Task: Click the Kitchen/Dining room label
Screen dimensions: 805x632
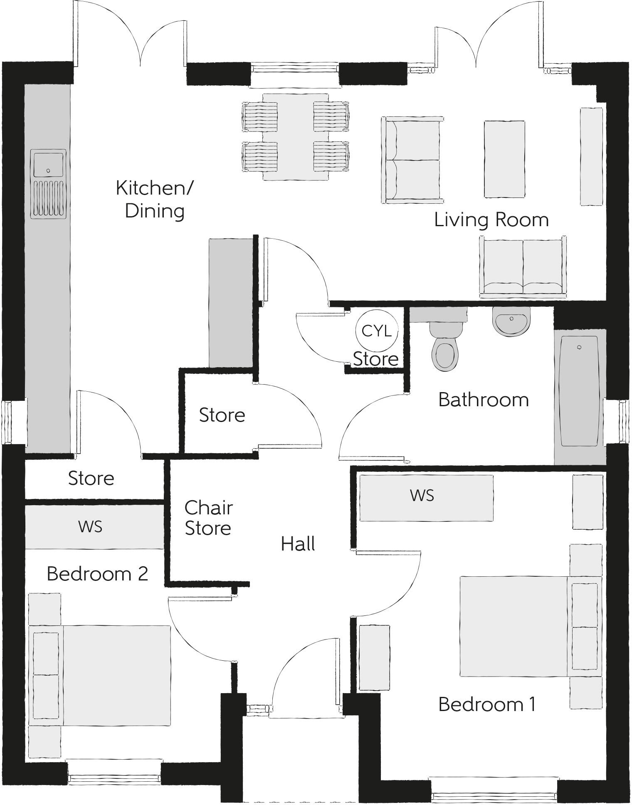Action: (x=154, y=199)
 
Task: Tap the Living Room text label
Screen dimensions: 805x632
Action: (x=491, y=220)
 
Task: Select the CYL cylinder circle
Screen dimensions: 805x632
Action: (x=377, y=331)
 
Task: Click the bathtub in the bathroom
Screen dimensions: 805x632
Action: (x=580, y=391)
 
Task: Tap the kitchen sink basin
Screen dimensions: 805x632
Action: (x=48, y=165)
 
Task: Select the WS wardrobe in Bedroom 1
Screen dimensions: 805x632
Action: (x=426, y=498)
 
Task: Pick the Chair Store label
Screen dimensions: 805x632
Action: (x=208, y=518)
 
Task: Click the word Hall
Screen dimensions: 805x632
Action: (x=298, y=544)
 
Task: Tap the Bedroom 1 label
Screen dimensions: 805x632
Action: (x=487, y=704)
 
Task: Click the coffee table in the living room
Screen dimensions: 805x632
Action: (x=504, y=159)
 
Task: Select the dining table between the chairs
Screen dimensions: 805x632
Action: (x=296, y=137)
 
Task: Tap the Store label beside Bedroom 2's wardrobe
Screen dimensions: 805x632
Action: (x=91, y=478)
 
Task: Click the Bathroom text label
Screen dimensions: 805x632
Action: (x=484, y=400)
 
